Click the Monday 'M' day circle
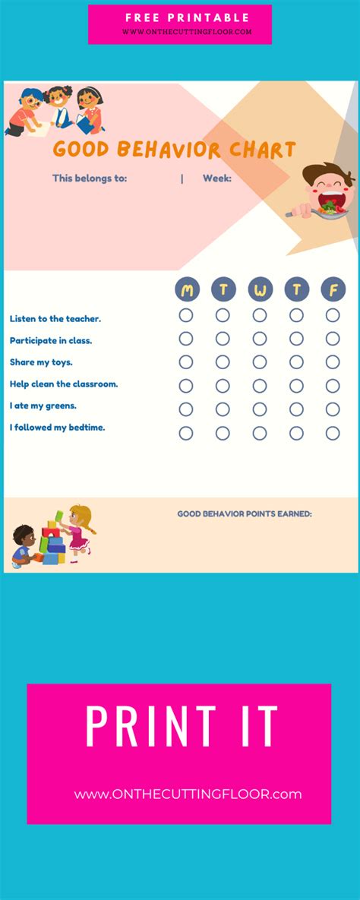(187, 289)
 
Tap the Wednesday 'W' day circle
(260, 289)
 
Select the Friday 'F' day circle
(333, 289)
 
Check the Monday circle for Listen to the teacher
(186, 315)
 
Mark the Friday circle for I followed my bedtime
(333, 434)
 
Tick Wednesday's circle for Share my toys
(260, 362)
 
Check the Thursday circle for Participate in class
(296, 339)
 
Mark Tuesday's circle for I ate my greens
(223, 409)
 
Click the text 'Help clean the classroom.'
(64, 384)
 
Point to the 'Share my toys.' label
(41, 362)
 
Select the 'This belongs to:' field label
(89, 178)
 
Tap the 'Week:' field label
(216, 178)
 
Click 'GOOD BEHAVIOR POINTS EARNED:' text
(245, 514)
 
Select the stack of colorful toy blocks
(51, 542)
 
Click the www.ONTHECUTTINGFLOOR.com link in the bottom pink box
(188, 794)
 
